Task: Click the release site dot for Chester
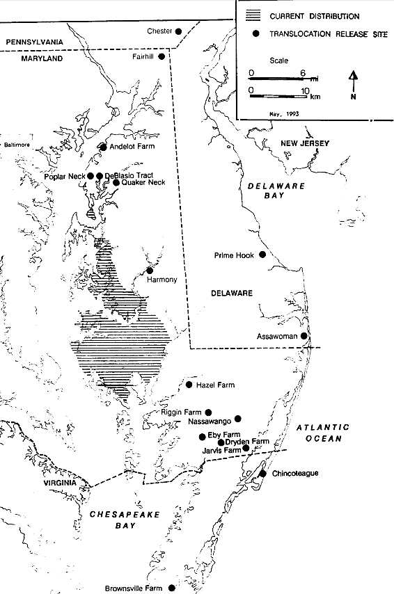179,31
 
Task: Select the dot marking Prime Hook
262,255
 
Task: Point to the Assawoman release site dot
304,337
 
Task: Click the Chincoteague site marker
262,474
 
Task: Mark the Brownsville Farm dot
172,588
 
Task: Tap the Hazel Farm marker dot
189,385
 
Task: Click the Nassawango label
210,421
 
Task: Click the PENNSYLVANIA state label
34,43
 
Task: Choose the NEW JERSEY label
304,143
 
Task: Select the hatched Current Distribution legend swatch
256,15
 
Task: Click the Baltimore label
19,146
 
